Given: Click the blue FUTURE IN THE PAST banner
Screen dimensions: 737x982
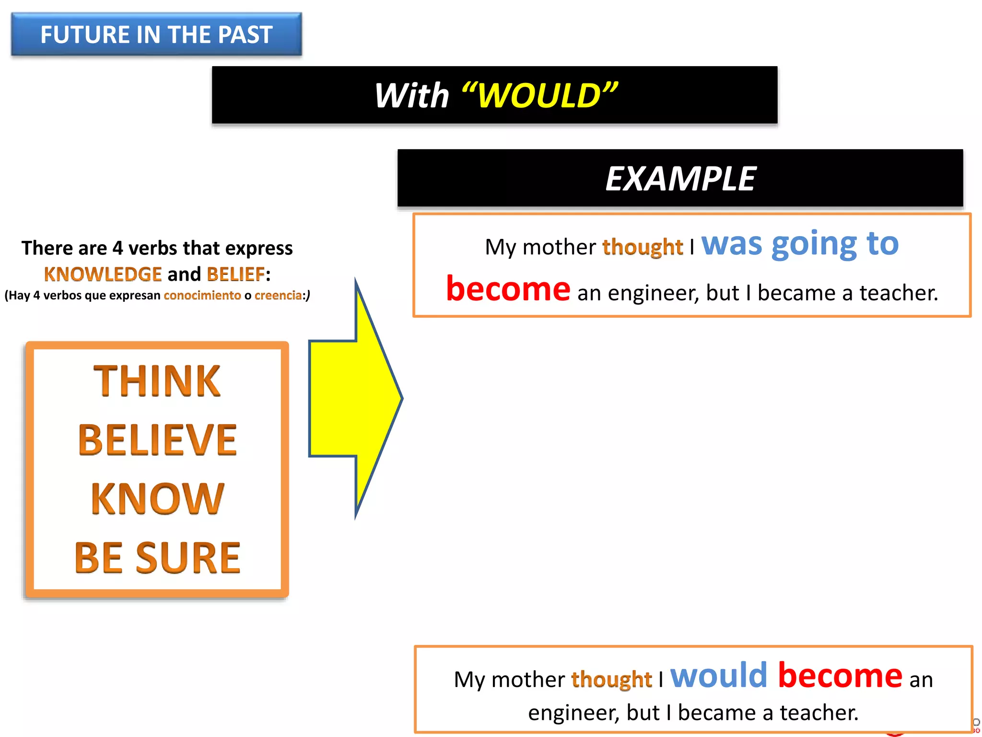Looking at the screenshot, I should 156,35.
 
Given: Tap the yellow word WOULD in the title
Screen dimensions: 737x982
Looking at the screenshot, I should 540,95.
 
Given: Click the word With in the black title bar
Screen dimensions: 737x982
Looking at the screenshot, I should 411,95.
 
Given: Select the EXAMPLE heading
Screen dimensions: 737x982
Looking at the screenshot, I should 680,178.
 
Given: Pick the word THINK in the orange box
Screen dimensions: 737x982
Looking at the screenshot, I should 157,381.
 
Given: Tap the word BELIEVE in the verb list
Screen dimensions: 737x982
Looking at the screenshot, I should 157,440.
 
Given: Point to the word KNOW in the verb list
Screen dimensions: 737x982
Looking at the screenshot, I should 157,499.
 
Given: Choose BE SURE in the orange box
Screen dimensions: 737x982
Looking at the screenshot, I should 157,558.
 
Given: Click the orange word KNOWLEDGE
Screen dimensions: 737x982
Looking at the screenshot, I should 103,274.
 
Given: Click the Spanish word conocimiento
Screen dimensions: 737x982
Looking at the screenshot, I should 202,295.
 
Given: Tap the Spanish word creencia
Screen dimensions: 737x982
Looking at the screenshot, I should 278,295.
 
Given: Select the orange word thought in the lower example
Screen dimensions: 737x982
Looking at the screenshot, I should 611,680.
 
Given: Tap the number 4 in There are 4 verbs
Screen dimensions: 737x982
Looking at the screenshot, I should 117,248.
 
